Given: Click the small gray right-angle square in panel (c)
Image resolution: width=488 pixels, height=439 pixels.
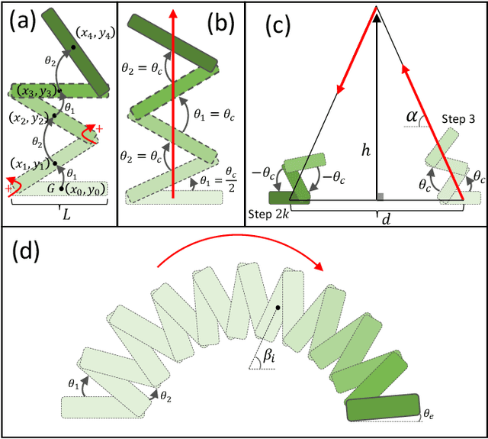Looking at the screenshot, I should click(380, 198).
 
